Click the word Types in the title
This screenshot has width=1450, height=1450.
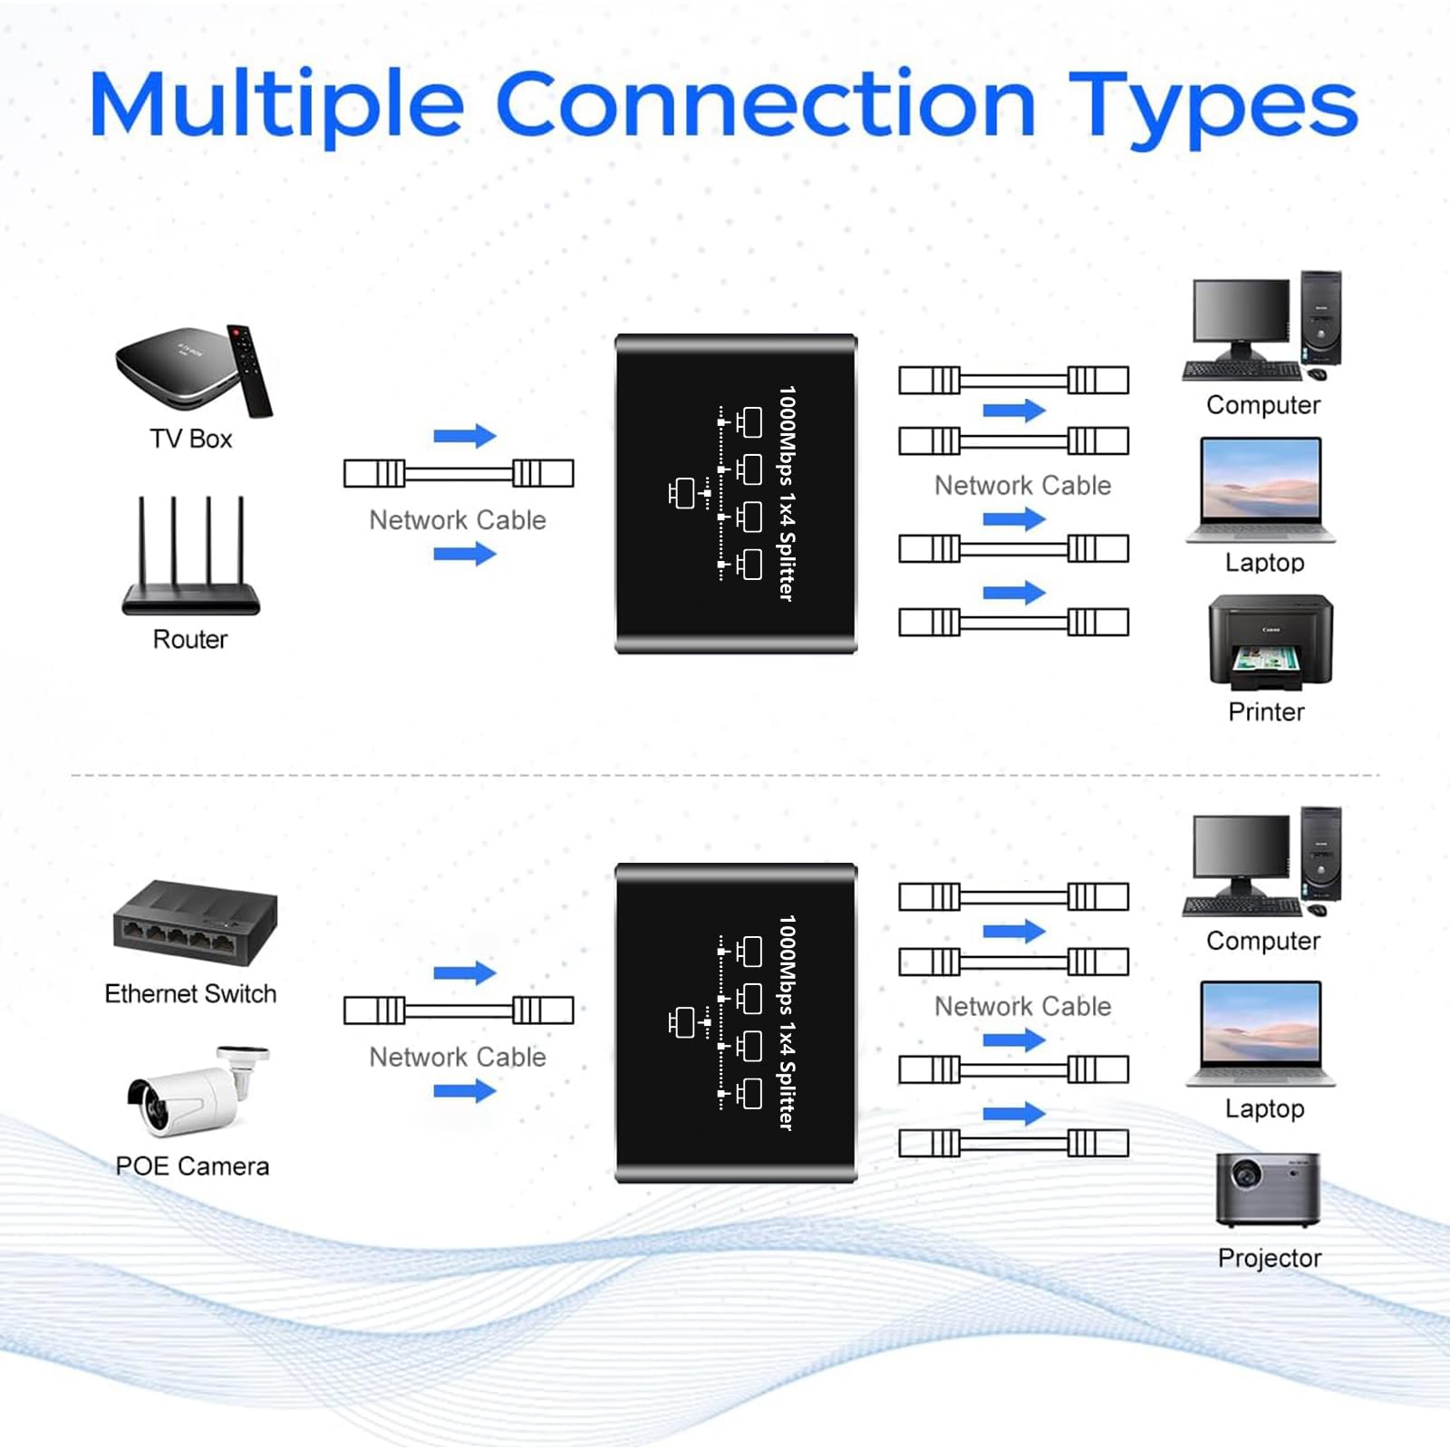click(x=1213, y=108)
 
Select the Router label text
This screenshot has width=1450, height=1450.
click(x=190, y=639)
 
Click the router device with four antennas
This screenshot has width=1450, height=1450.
click(x=191, y=555)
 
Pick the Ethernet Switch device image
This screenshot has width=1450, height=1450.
click(x=195, y=923)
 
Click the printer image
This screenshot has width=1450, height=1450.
click(x=1271, y=643)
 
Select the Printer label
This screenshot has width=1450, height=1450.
click(x=1266, y=711)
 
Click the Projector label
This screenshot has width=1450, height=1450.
click(x=1270, y=1258)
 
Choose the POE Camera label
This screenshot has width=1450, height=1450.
click(x=192, y=1165)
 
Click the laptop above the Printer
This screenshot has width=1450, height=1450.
click(x=1261, y=490)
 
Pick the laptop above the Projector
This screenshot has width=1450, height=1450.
click(x=1261, y=1033)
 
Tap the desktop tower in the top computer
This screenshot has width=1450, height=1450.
click(x=1320, y=317)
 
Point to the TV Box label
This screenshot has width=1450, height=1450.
click(x=191, y=439)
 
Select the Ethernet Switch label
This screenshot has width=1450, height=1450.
click(x=190, y=993)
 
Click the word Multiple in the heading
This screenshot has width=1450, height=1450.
click(x=277, y=108)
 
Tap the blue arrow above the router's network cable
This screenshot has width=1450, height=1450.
click(x=465, y=436)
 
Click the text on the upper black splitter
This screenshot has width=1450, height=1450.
click(x=787, y=494)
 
